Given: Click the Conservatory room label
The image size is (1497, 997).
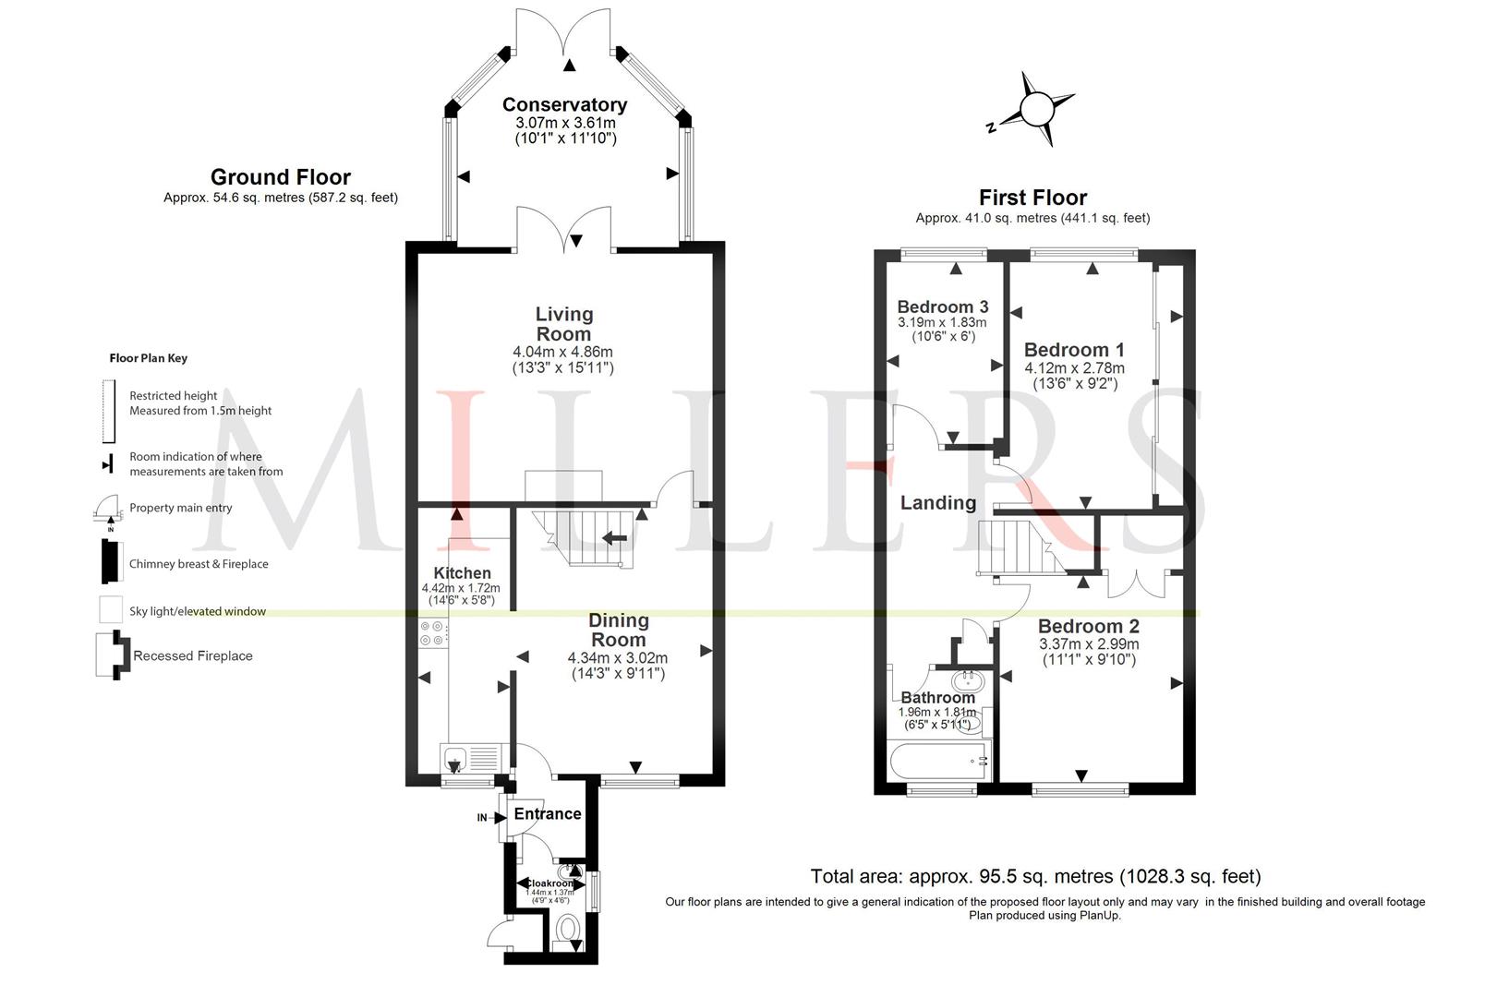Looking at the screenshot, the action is [564, 105].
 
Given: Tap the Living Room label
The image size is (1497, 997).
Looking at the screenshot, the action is [563, 324].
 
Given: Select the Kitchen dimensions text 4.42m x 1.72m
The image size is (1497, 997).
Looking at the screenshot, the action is [461, 588].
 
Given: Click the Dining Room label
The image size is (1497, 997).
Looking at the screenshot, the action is [618, 630].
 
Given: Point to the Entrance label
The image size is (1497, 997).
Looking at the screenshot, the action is [548, 814].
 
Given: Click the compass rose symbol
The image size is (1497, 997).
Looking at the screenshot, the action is [1035, 109].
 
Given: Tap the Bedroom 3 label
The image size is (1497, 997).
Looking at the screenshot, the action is [942, 306].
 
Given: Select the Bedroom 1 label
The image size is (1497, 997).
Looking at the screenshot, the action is [1074, 350].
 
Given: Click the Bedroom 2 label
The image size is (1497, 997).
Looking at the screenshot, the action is [1089, 626].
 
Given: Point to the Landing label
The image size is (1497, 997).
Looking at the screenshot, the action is [937, 502].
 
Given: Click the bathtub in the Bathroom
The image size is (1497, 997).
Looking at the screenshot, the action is [939, 761].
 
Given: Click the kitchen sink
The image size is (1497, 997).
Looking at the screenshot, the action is [454, 758].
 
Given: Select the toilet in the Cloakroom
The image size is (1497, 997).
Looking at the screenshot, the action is [568, 930].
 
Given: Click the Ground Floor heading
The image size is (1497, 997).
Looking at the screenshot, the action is [281, 177].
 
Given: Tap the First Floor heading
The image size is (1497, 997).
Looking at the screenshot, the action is [1032, 198].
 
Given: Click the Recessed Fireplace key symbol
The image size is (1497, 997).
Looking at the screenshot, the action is [113, 655].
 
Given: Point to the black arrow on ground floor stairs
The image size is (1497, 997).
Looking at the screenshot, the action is [615, 538].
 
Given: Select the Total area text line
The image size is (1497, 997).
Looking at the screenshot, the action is [1035, 876].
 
